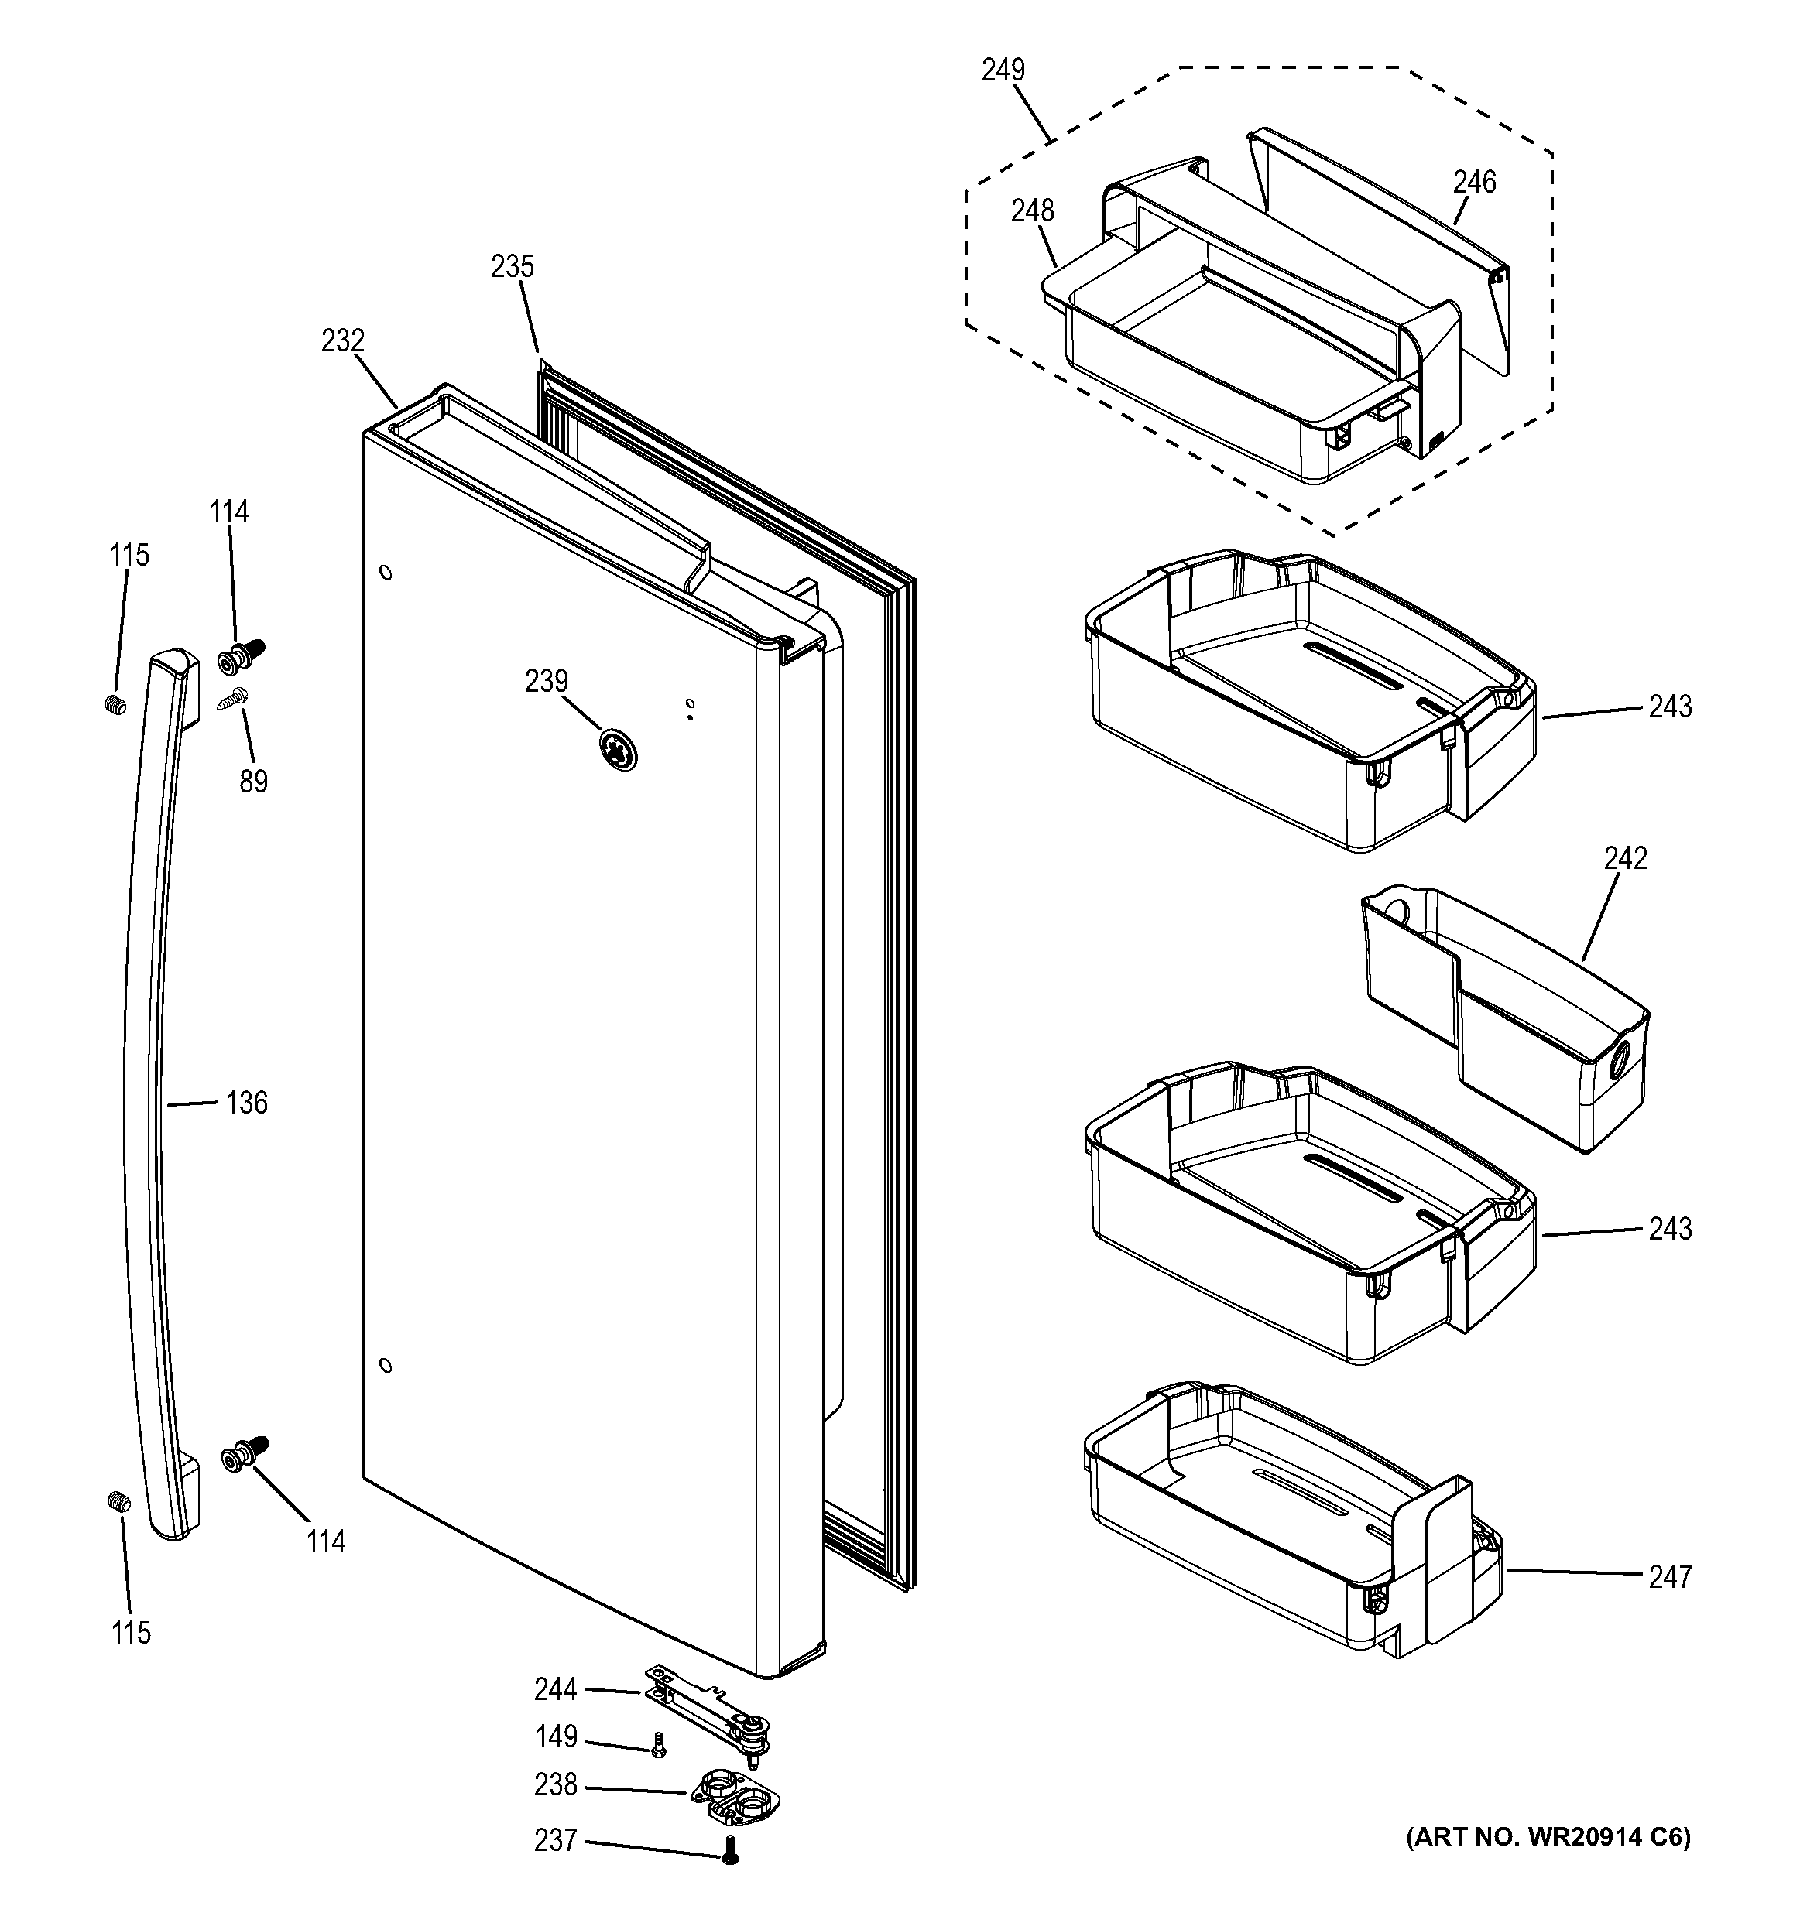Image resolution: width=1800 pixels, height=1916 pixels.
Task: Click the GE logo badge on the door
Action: click(618, 750)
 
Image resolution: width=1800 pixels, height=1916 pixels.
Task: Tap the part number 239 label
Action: click(547, 682)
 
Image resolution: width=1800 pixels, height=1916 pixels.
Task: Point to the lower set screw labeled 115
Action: click(117, 1500)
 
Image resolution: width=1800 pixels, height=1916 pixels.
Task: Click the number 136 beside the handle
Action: click(247, 1103)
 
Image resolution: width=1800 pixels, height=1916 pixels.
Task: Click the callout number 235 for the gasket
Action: click(512, 267)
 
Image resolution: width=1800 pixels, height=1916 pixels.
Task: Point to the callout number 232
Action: click(343, 341)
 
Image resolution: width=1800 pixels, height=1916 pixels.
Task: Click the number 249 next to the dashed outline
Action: click(1003, 70)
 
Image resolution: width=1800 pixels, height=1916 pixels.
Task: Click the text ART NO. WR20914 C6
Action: click(1548, 1838)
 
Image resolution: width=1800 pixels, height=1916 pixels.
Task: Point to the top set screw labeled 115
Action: click(115, 704)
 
